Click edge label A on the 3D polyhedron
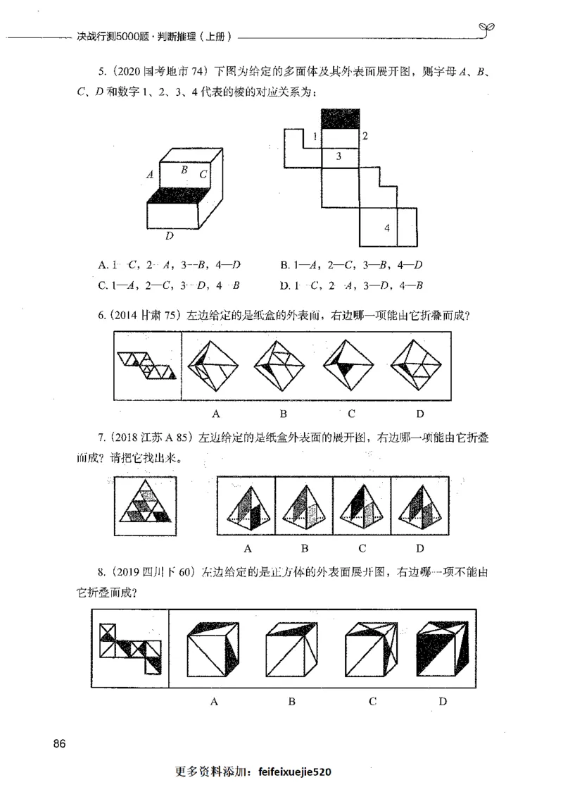tap(150, 173)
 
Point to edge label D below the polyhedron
tap(170, 235)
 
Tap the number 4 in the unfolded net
tap(387, 227)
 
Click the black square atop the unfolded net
tap(340, 120)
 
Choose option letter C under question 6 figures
tap(351, 413)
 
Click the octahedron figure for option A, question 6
tap(215, 365)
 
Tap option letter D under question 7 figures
tap(419, 547)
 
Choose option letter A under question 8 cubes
tap(213, 700)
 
